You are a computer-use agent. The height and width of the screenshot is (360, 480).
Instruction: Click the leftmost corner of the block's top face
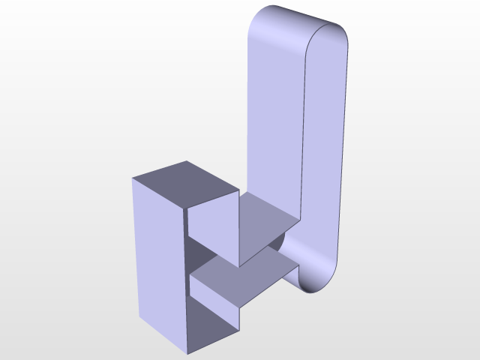tap(132, 178)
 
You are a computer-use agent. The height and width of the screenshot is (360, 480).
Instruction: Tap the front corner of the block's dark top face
tap(185, 208)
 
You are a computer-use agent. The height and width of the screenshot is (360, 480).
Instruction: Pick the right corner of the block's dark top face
tap(239, 190)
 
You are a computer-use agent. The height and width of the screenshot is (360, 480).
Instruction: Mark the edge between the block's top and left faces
tap(158, 193)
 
